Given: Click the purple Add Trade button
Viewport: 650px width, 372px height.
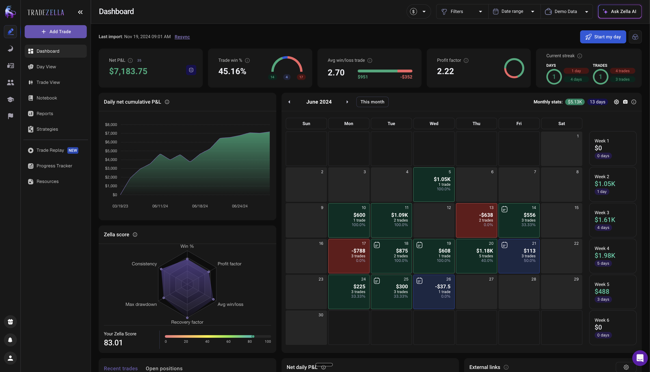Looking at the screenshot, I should point(56,31).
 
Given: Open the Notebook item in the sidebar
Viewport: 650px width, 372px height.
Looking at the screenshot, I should point(47,98).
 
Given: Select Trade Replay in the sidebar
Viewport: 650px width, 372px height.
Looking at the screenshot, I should point(50,150).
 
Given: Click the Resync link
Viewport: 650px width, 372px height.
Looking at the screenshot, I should point(182,37).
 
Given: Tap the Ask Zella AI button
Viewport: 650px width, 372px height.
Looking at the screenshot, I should point(620,11).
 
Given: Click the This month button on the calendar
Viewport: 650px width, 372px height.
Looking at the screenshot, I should point(372,102).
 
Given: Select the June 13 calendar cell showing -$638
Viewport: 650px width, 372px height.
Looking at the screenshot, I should point(476,220).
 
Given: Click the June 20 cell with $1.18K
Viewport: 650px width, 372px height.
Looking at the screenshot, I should point(476,256).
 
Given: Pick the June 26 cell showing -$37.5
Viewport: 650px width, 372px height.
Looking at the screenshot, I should point(433,292).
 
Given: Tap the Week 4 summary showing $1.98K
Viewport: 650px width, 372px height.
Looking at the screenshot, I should point(613,256).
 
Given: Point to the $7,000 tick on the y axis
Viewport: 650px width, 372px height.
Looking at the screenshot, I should point(111,133).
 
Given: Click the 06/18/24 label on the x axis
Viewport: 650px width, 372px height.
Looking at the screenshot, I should point(200,206).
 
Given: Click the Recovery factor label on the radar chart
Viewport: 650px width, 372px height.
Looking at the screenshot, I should point(187,322).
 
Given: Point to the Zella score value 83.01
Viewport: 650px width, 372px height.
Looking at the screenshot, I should point(113,342).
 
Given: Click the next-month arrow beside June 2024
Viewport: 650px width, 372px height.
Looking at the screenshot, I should point(347,102).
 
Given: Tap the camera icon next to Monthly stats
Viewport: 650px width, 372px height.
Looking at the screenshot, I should point(625,102).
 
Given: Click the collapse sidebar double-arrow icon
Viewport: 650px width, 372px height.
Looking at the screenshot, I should point(80,12).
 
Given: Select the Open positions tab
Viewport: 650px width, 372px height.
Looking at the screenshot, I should point(164,368).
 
